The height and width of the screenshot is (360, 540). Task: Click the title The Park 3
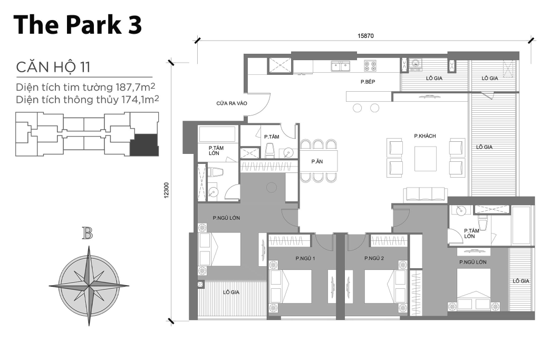[78, 25]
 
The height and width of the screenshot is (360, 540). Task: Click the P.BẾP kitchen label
[368, 82]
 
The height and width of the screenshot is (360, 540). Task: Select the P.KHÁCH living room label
[425, 136]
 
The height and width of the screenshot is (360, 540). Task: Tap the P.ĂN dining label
[316, 162]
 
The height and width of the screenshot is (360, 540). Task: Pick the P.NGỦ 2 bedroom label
[374, 258]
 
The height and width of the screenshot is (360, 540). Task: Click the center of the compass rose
[89, 285]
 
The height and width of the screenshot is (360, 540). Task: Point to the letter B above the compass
[88, 233]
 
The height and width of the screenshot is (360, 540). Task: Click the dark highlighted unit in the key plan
[144, 144]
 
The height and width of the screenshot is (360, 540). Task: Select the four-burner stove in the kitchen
[370, 65]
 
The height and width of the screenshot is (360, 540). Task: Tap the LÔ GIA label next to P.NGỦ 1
[231, 292]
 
